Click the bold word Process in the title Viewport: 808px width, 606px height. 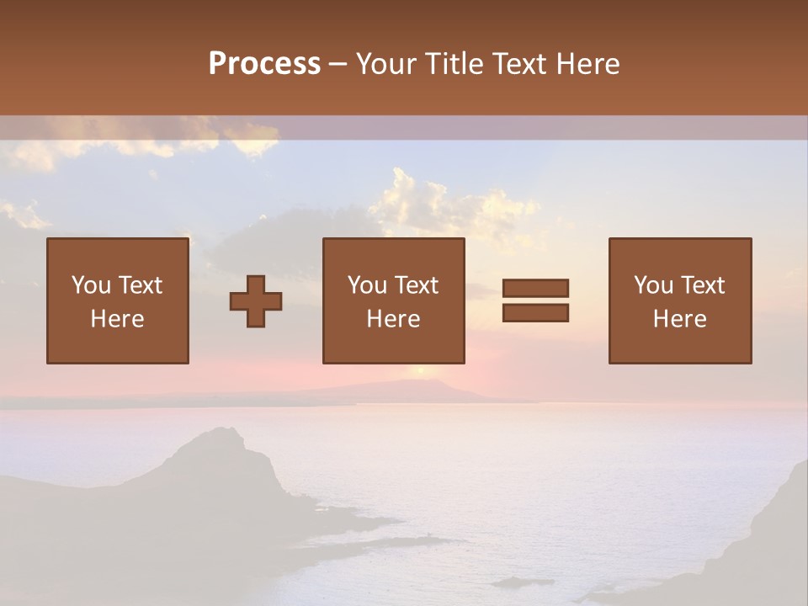coord(264,63)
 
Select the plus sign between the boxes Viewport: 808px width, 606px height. coord(256,300)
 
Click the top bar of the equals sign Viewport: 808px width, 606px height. coord(535,288)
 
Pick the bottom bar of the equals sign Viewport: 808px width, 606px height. coord(535,312)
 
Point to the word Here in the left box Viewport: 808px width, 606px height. coord(117,318)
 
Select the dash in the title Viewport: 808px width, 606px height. coord(338,64)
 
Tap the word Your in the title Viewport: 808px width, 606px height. coord(387,64)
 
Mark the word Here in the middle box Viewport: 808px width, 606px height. coord(393,318)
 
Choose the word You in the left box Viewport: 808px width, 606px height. coord(90,285)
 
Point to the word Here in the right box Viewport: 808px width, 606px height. coord(679,318)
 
